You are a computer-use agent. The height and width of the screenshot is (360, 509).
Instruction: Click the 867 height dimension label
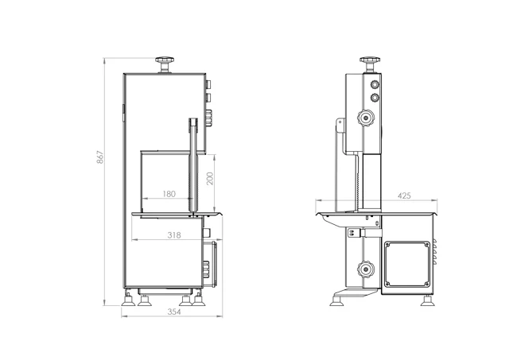(101, 157)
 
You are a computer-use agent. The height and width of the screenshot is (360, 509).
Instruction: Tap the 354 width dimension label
(174, 312)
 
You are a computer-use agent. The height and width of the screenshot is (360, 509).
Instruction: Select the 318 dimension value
(174, 234)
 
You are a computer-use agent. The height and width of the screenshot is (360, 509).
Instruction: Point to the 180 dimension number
(169, 194)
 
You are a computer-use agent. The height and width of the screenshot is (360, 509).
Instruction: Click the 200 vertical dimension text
(210, 179)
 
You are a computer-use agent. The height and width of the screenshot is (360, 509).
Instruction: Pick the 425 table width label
(404, 195)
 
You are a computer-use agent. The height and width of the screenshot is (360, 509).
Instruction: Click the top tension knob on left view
(165, 65)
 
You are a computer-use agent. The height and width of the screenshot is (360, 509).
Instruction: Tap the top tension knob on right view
(370, 64)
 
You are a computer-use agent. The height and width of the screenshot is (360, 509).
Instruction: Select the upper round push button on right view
(375, 85)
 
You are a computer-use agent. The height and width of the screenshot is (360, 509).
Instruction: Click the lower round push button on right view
(375, 97)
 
